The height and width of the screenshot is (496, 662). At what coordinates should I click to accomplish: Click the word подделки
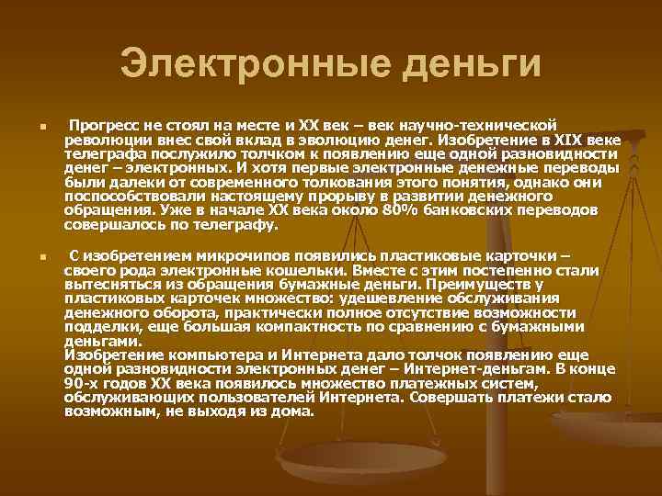coord(96,326)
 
